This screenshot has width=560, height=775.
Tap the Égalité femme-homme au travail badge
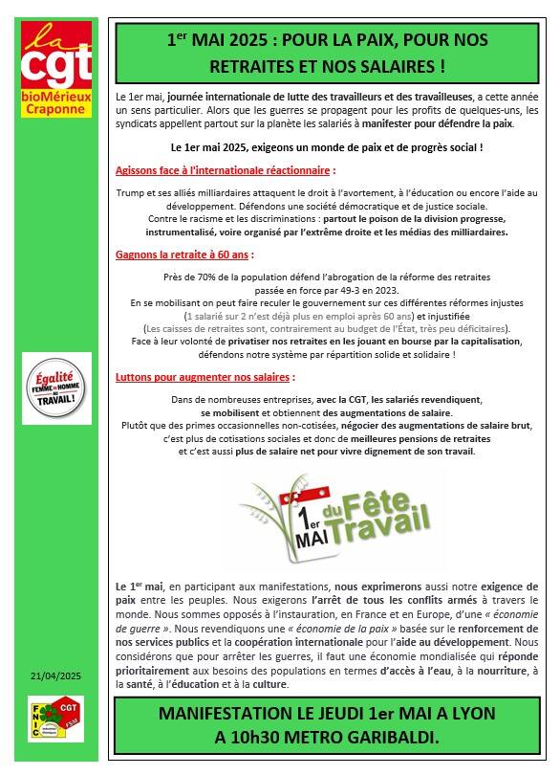[x=56, y=387]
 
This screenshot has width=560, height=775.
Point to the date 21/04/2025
[x=56, y=675]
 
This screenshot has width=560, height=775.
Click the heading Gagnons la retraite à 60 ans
[x=184, y=255]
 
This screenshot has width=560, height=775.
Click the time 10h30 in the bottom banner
[x=269, y=738]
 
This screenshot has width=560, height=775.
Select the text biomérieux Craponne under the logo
[x=56, y=104]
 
